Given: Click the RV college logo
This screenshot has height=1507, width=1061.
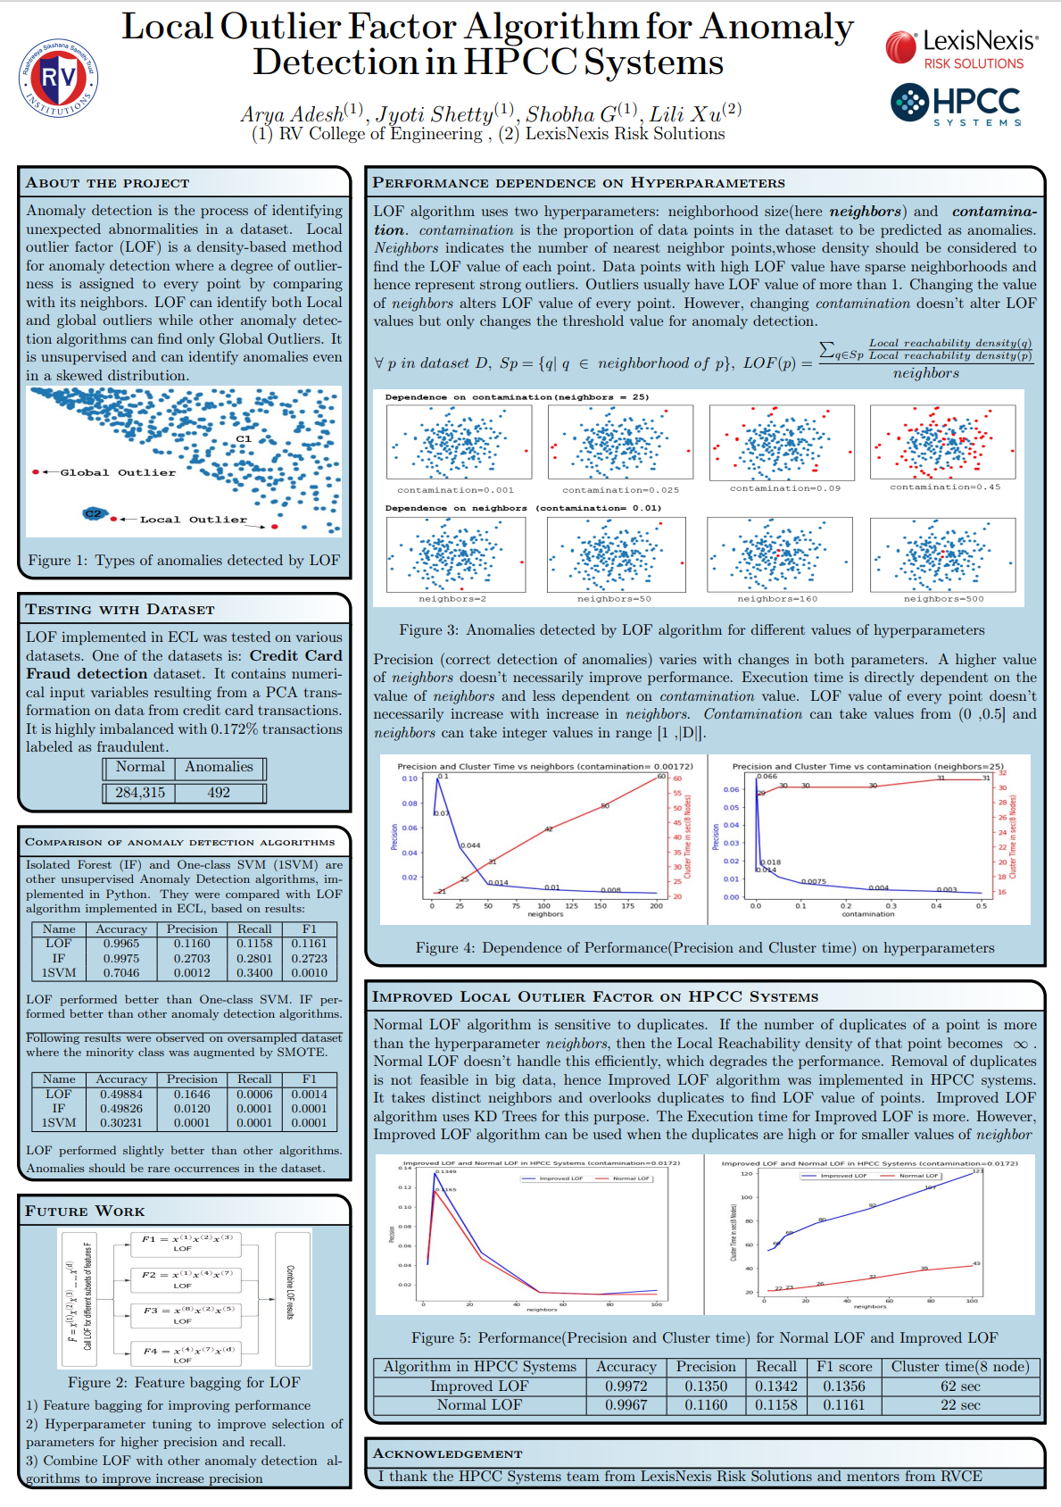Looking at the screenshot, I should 59,78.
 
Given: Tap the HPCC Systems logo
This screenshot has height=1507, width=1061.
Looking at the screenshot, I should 956,104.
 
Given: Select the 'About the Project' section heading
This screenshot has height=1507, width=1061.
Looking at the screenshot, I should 107,183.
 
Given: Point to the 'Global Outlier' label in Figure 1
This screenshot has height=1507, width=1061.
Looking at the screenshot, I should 117,472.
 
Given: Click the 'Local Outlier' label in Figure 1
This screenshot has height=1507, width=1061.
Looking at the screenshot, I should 193,519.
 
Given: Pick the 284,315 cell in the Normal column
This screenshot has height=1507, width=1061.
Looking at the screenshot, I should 140,793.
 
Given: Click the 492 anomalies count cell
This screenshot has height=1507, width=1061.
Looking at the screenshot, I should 219,793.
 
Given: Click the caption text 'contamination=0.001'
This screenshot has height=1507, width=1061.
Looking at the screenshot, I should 455,490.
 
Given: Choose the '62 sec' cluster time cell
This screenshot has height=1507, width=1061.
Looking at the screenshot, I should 960,1386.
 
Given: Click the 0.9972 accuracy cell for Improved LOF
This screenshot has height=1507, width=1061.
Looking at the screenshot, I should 626,1386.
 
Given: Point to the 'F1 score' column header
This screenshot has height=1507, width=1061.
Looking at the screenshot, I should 843,1367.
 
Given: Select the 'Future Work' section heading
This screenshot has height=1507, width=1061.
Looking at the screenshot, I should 85,1211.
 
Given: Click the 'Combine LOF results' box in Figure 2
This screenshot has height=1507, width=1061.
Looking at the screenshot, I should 292,1298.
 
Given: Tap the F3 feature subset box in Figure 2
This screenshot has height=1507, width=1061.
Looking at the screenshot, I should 188,1314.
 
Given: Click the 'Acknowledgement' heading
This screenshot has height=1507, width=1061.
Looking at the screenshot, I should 447,1453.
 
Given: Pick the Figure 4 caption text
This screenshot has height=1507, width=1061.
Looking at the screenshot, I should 704,948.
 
